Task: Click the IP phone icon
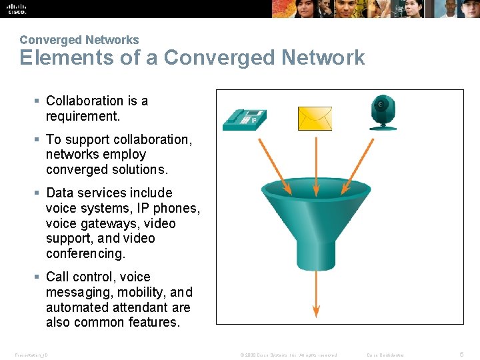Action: tap(243, 117)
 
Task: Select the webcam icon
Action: tap(383, 111)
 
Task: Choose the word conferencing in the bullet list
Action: tap(85, 254)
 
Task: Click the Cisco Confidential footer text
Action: tap(385, 355)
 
